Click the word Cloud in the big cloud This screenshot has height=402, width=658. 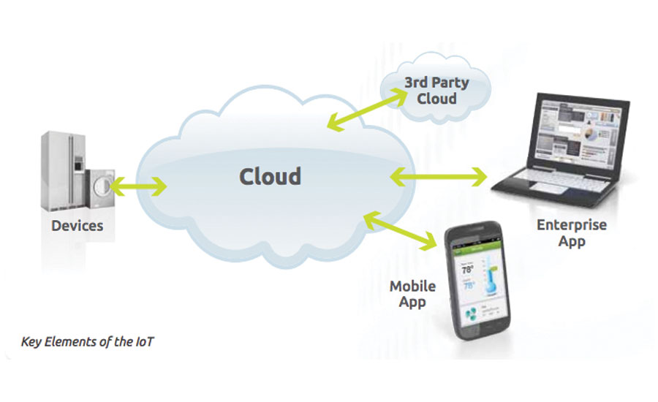270,176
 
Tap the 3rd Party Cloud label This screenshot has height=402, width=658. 436,91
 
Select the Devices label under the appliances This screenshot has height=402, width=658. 77,225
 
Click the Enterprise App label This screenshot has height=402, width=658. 571,233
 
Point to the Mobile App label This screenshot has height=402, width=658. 411,292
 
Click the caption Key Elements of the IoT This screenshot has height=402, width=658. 87,341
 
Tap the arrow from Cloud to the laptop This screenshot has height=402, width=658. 439,177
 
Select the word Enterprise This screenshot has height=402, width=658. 571,225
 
